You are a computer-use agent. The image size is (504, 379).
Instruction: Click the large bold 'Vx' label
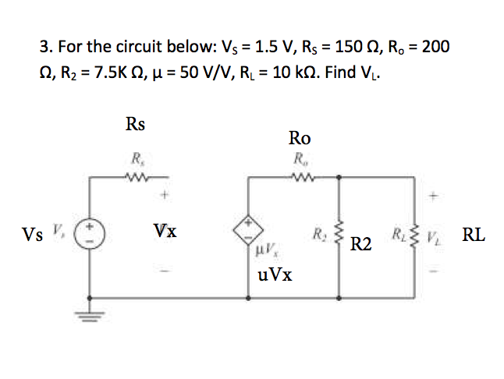click(x=165, y=232)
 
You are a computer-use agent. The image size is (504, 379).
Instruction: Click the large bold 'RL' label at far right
click(x=474, y=234)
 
